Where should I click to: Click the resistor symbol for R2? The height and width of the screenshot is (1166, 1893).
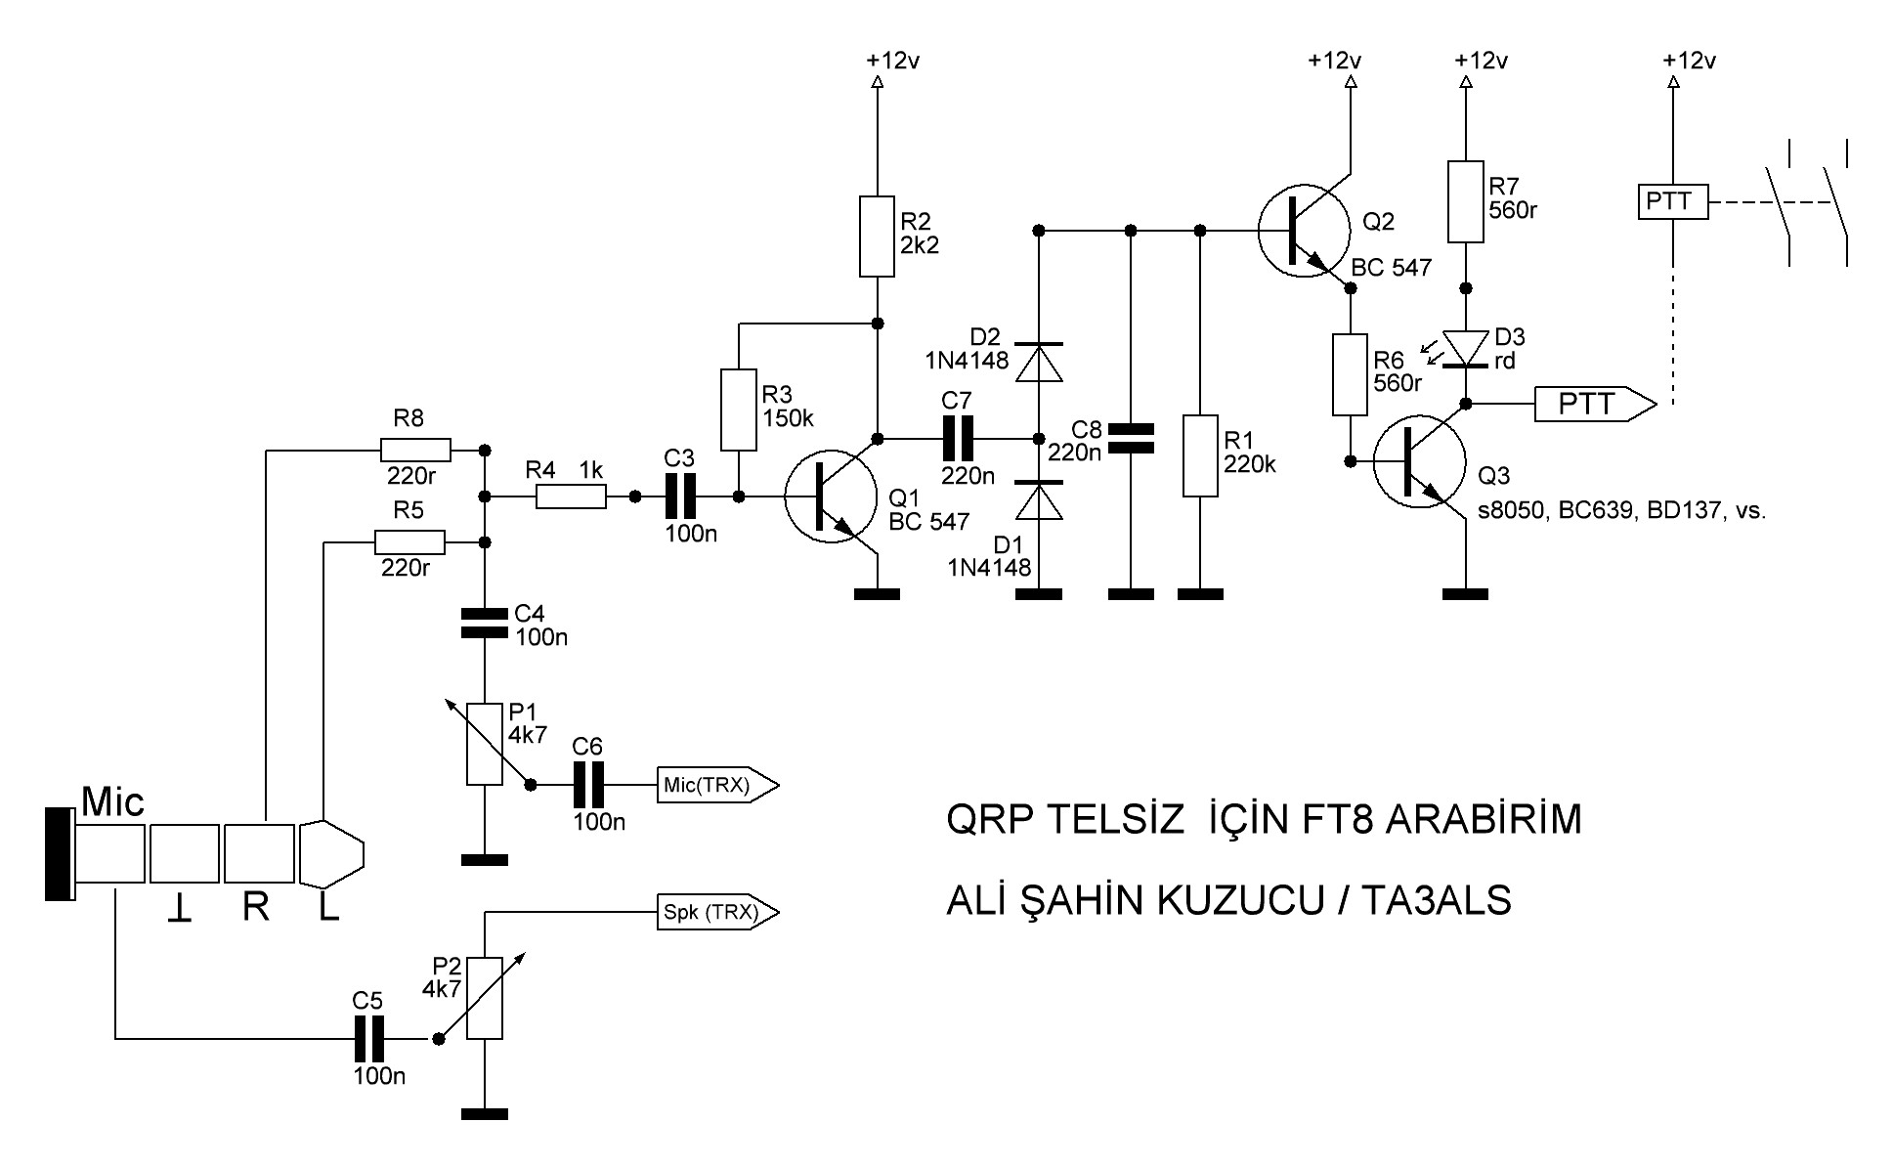877,237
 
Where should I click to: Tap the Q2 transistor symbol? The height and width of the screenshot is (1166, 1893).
1306,232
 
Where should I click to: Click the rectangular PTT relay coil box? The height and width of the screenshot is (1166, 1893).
1673,202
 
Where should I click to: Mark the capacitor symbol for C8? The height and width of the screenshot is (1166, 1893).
1131,438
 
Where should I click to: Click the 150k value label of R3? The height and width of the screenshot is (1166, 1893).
788,418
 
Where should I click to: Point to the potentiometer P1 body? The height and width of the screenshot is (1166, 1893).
485,743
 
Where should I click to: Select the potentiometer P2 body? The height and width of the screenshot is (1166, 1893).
485,997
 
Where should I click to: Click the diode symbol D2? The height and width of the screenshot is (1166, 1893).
1039,362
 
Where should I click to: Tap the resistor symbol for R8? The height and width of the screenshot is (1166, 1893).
415,450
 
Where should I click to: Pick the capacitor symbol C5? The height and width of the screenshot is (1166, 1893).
368,1038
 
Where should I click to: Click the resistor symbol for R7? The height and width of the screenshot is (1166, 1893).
1465,201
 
